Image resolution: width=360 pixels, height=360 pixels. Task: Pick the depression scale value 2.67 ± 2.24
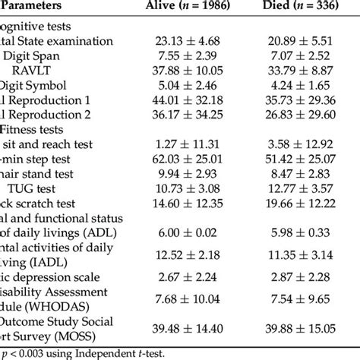pyautogui.click(x=196, y=280)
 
